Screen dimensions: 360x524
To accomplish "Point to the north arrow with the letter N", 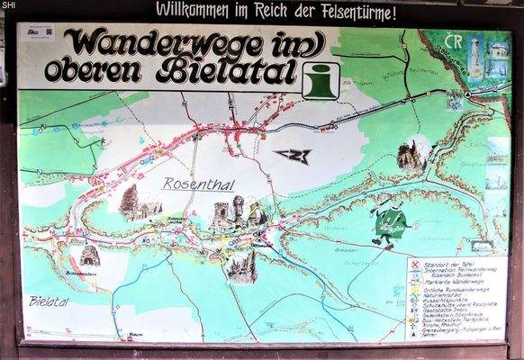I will click(x=294, y=155).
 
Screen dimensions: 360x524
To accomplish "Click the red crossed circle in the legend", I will click(x=414, y=264).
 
